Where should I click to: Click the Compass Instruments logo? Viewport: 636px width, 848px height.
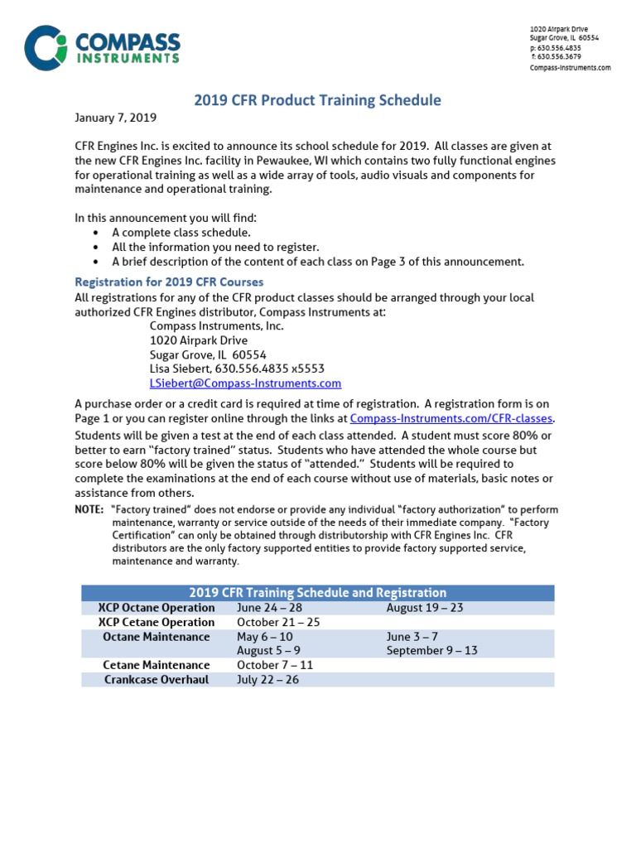click(x=102, y=48)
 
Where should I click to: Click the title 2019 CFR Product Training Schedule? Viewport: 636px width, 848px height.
click(x=317, y=101)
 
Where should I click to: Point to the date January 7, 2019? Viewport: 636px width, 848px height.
click(x=115, y=118)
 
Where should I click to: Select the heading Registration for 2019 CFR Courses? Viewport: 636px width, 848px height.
click(x=169, y=282)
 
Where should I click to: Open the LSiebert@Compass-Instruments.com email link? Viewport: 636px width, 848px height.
click(x=245, y=383)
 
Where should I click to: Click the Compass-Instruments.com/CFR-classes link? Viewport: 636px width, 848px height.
click(x=451, y=419)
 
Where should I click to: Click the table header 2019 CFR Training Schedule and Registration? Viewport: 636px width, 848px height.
click(x=317, y=593)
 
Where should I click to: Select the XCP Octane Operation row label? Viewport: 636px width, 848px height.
click(x=157, y=608)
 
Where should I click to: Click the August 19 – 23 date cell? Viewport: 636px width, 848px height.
click(x=425, y=608)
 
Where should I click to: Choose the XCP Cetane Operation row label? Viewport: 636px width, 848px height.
click(x=157, y=622)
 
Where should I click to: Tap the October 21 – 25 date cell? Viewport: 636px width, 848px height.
click(x=278, y=622)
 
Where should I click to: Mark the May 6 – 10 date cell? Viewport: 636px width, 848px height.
click(x=264, y=637)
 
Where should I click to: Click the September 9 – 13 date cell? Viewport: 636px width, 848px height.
click(x=431, y=651)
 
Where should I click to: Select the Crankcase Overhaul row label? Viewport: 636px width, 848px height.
click(x=157, y=680)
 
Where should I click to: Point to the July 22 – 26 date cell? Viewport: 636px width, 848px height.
click(x=267, y=680)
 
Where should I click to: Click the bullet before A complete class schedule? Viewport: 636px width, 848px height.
click(x=97, y=234)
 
